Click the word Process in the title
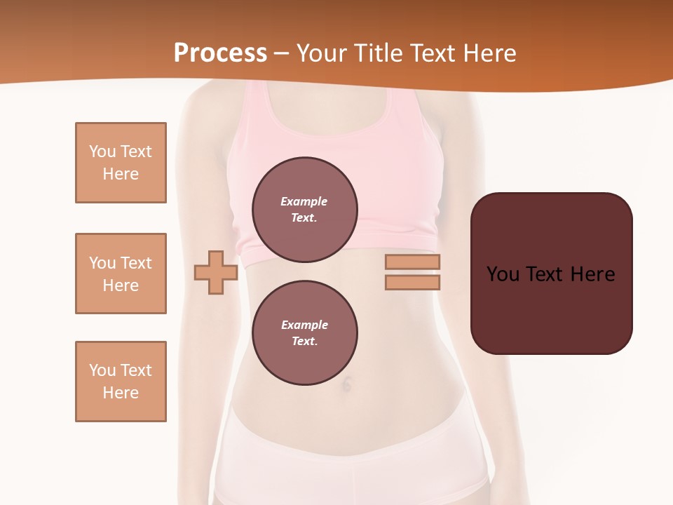pyautogui.click(x=220, y=53)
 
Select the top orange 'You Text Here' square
pyautogui.click(x=121, y=163)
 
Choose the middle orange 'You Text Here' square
pyautogui.click(x=121, y=274)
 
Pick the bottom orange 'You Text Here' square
pyautogui.click(x=121, y=382)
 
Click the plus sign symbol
pyautogui.click(x=216, y=272)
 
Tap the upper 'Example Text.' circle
pyautogui.click(x=304, y=209)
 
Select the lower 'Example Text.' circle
pyautogui.click(x=304, y=332)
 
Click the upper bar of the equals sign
pyautogui.click(x=412, y=262)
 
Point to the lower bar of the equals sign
pyautogui.click(x=412, y=282)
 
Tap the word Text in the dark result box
pyautogui.click(x=545, y=274)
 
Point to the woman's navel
pyautogui.click(x=346, y=383)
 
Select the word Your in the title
pyautogui.click(x=321, y=53)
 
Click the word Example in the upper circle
pyautogui.click(x=304, y=201)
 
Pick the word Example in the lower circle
pyautogui.click(x=304, y=325)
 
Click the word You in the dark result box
pyautogui.click(x=503, y=274)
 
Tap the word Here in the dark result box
pyautogui.click(x=593, y=274)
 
